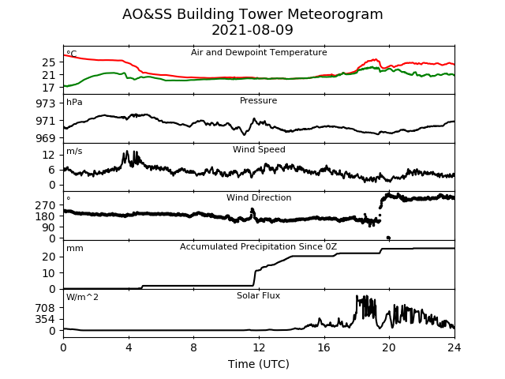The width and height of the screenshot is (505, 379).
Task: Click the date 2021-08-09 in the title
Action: pyautogui.click(x=252, y=30)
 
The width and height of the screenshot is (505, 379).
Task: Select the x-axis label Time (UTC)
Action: pyautogui.click(x=259, y=364)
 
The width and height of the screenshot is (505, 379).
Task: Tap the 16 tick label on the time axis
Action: pyautogui.click(x=324, y=347)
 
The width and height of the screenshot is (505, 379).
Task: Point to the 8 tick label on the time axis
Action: pyautogui.click(x=193, y=347)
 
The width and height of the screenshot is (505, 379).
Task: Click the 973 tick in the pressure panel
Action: pyautogui.click(x=46, y=103)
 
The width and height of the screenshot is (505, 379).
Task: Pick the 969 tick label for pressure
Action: pyautogui.click(x=46, y=138)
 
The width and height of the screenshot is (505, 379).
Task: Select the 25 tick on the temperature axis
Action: pyautogui.click(x=49, y=62)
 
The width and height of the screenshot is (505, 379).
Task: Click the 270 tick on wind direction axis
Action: pyautogui.click(x=46, y=205)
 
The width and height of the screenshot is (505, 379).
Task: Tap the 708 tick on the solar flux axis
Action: pyautogui.click(x=46, y=308)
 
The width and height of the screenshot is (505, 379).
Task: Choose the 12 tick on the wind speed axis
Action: pyautogui.click(x=49, y=155)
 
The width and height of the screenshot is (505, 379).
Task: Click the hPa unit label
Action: pyautogui.click(x=74, y=103)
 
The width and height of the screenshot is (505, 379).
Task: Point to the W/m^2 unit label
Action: pyautogui.click(x=82, y=297)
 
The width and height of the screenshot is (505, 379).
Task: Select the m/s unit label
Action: pyautogui.click(x=74, y=151)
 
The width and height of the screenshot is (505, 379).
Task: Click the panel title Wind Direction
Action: pyautogui.click(x=259, y=197)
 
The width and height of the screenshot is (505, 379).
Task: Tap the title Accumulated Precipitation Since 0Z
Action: pyautogui.click(x=258, y=246)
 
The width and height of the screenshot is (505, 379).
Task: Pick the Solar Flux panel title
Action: pyautogui.click(x=258, y=295)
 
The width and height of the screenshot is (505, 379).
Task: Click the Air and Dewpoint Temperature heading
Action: pyautogui.click(x=259, y=52)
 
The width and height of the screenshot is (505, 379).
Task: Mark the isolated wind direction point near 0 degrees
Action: pyautogui.click(x=388, y=238)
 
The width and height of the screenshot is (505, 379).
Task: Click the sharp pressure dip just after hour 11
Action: pyautogui.click(x=244, y=134)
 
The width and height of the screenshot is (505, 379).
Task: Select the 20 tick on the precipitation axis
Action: pyautogui.click(x=49, y=257)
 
